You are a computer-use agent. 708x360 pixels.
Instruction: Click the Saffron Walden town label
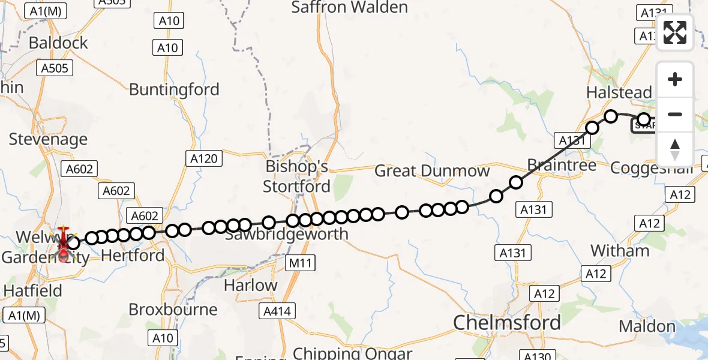[x=349, y=8]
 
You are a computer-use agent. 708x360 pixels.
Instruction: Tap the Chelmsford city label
[x=507, y=322]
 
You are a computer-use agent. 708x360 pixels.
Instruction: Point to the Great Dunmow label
[x=432, y=171]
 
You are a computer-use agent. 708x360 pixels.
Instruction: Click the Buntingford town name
[x=175, y=90]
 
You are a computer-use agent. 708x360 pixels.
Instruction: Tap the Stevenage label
[x=48, y=139]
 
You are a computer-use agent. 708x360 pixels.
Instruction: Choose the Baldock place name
[x=58, y=43]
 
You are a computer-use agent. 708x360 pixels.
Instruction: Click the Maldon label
[x=647, y=326]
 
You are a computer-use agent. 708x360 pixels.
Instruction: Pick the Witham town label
[x=620, y=250]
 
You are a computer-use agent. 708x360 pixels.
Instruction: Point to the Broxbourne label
[x=173, y=310]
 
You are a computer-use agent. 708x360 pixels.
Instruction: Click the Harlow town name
[x=250, y=285]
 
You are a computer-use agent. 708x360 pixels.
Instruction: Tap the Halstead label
[x=619, y=92]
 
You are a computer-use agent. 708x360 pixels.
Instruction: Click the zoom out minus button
[x=675, y=114]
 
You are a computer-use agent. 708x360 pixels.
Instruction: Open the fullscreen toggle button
[x=675, y=32]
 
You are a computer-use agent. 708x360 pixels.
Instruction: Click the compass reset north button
[x=675, y=149]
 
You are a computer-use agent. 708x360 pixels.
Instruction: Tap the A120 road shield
[x=205, y=158]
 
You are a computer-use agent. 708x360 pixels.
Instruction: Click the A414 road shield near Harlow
[x=277, y=311]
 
